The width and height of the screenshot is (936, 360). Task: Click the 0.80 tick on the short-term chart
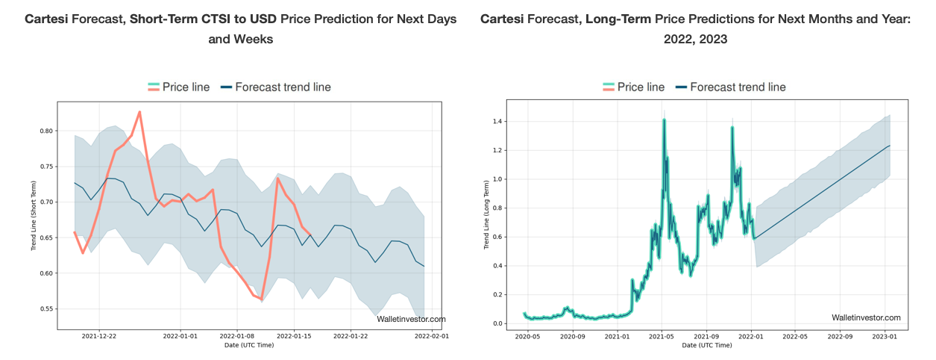(x=45, y=131)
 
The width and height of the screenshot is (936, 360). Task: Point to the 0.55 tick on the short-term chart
(x=45, y=308)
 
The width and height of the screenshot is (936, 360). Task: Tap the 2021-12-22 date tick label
(x=98, y=337)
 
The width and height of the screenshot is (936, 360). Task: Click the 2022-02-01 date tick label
(x=432, y=337)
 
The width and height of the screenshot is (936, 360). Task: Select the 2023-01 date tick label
(x=885, y=337)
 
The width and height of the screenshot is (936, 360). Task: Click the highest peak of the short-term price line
(x=139, y=112)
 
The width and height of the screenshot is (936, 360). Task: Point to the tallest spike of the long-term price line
(x=663, y=120)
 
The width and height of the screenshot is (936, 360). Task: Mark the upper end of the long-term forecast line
(x=890, y=146)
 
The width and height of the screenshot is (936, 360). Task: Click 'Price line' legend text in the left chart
(x=186, y=87)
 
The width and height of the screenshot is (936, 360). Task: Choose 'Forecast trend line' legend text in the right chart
(x=738, y=87)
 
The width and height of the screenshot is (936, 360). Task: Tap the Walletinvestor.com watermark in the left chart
(x=411, y=319)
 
